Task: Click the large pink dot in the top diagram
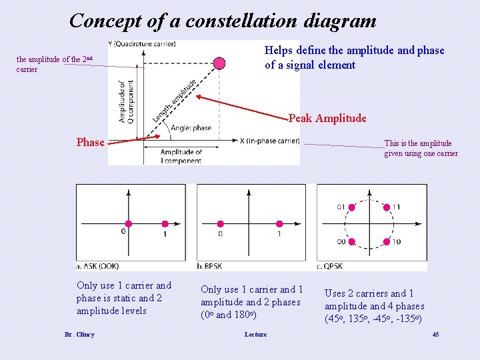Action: point(219,63)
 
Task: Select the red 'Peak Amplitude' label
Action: point(327,118)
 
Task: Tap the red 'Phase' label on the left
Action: point(90,142)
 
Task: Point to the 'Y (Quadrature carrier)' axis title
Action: point(145,44)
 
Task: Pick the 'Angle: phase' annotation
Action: point(191,127)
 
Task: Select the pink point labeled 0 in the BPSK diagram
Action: point(219,224)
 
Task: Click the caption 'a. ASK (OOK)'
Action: point(99,265)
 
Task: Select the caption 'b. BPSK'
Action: point(213,265)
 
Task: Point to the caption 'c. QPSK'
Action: point(333,265)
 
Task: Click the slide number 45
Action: point(435,334)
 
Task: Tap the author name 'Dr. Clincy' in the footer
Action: point(79,334)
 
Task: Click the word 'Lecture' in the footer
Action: point(255,334)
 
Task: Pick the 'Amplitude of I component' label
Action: point(181,157)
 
